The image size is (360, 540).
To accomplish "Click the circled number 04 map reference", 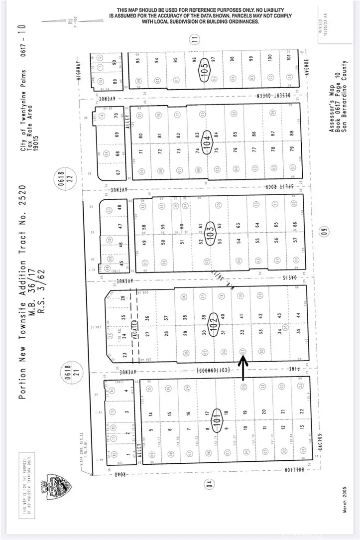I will (x=209, y=483).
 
